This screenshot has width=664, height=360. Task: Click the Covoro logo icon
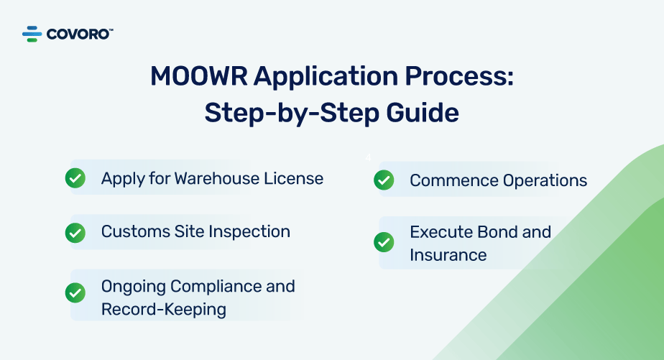tap(32, 34)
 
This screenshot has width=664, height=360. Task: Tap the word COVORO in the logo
tap(78, 34)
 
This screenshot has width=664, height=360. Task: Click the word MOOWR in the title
tap(198, 77)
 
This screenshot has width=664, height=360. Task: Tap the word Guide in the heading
tap(423, 113)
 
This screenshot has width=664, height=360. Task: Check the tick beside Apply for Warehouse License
tap(75, 178)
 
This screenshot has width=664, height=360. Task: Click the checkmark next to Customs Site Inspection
tap(75, 233)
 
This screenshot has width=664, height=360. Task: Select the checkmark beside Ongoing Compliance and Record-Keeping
tap(75, 292)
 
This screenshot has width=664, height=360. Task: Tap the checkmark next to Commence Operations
tap(384, 180)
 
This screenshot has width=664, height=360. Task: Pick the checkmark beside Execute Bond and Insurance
tap(384, 242)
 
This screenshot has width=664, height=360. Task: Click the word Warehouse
tap(216, 178)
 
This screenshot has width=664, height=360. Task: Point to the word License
tap(293, 178)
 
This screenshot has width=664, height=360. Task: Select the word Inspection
tap(249, 231)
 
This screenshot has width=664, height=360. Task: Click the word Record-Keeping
tap(163, 310)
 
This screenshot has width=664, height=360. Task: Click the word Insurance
tap(448, 255)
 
